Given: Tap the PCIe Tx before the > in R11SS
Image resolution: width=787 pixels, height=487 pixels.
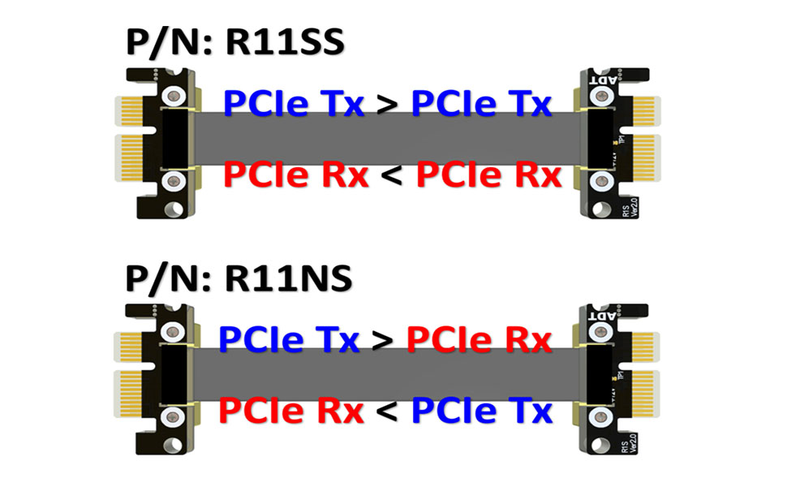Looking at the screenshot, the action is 294,103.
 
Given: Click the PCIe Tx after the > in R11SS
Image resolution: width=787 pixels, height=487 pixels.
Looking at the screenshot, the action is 482,103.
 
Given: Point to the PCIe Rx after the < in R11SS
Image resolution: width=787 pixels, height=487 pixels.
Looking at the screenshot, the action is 488,175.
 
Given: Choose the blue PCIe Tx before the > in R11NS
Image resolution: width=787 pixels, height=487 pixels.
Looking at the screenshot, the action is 289,338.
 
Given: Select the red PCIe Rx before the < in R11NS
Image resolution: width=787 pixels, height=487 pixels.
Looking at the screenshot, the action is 291,411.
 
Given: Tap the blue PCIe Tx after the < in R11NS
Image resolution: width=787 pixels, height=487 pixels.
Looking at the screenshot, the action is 482,411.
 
